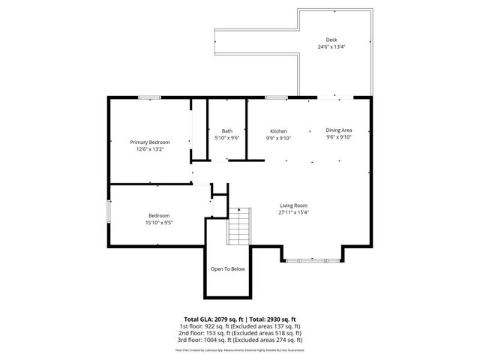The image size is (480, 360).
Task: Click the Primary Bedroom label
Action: (149, 142)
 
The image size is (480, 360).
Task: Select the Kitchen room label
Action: (278, 131)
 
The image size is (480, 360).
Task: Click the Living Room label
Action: (294, 205)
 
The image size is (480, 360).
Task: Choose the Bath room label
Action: (226, 131)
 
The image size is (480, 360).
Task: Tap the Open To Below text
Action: (227, 268)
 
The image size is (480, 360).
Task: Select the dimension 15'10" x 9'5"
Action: (159, 222)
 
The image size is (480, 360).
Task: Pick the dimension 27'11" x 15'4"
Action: (294, 212)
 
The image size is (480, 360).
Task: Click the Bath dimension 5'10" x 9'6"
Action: (226, 138)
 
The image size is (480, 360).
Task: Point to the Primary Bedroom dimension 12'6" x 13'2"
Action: (149, 149)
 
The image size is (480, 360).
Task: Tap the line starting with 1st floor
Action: (240, 326)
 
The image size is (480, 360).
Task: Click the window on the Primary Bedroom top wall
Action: (149, 97)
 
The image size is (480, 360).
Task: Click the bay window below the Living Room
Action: (313, 261)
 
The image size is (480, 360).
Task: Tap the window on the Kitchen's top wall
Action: (275, 97)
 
